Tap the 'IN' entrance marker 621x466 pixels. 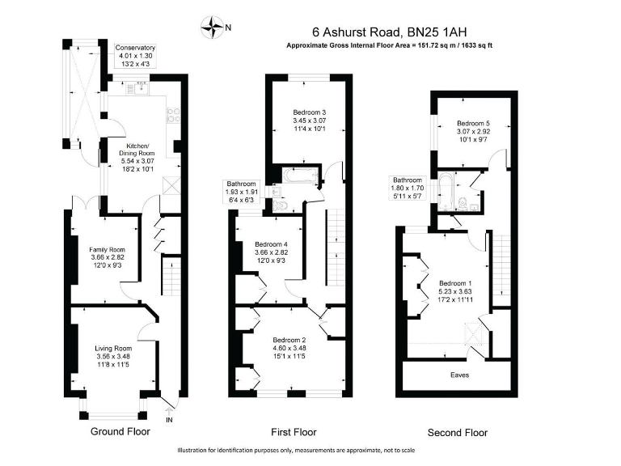pos(169,420)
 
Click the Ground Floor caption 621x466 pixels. pos(120,432)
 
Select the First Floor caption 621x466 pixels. pos(294,432)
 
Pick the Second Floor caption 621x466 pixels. pos(458,432)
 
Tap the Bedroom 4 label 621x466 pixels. pos(271,253)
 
